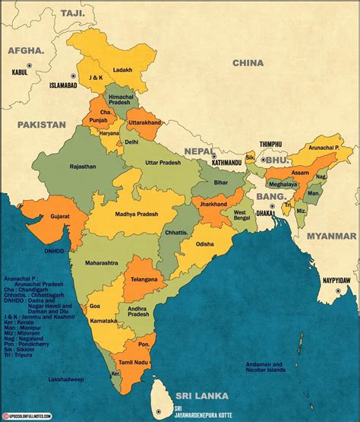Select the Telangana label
143,279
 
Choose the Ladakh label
122,70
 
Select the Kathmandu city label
226,162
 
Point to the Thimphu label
270,144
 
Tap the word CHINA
248,63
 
